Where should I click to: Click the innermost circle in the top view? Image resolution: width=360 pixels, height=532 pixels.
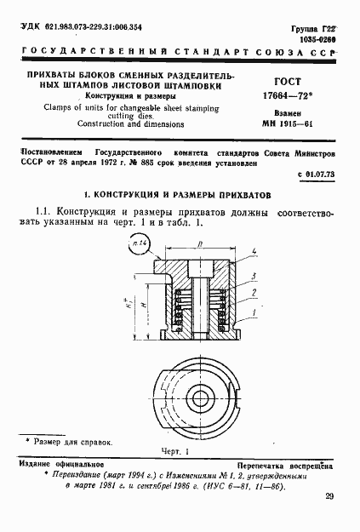click(x=202, y=398)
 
